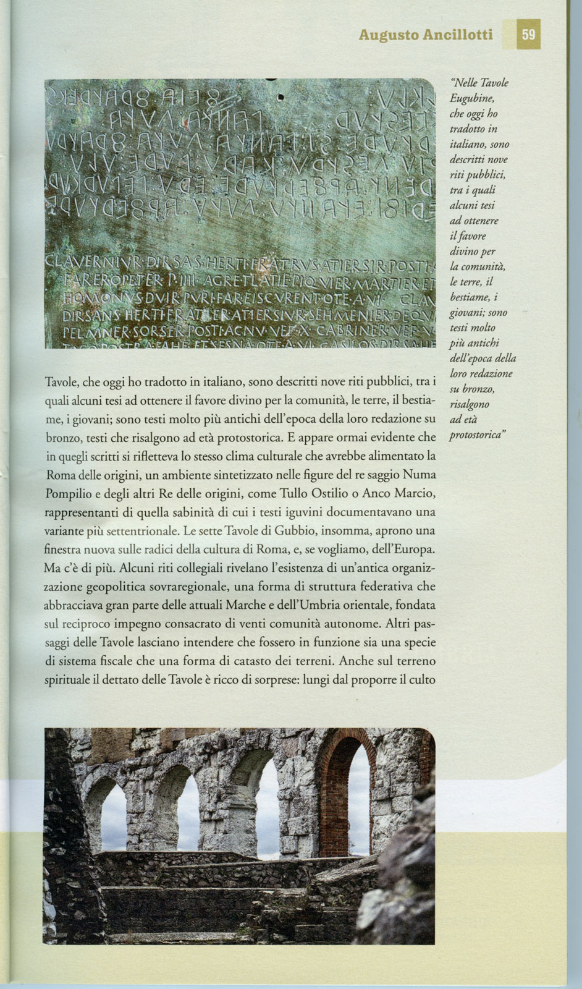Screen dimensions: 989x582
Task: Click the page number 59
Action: tap(528, 35)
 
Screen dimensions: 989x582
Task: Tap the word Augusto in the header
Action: tap(388, 35)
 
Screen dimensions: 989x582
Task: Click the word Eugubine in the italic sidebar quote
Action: tap(472, 98)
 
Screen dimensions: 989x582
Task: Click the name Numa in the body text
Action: tap(419, 475)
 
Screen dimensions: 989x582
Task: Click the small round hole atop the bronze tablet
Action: tap(280, 97)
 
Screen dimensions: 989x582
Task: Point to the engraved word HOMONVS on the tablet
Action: tap(86, 299)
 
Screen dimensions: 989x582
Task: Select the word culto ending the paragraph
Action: tap(422, 679)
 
